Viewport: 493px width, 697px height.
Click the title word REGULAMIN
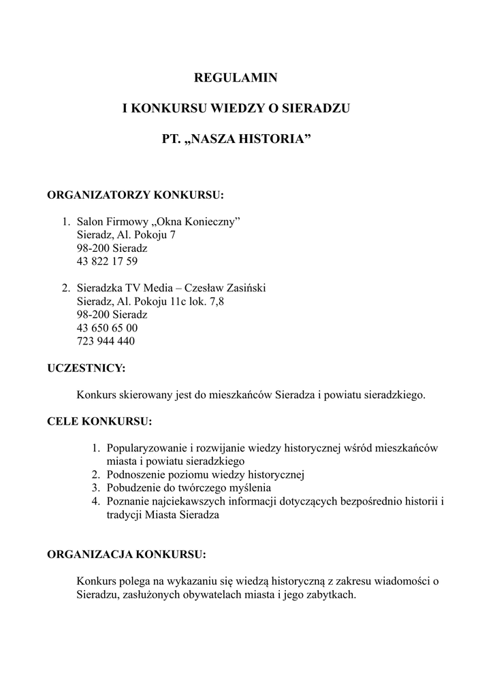click(236, 78)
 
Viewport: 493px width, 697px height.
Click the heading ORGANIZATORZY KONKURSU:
click(135, 195)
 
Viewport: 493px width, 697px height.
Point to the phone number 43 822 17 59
click(108, 261)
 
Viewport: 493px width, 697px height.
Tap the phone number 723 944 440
click(106, 341)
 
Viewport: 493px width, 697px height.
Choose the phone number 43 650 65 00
click(108, 328)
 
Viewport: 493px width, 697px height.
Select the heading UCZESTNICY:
click(86, 368)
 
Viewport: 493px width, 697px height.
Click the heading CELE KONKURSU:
click(99, 421)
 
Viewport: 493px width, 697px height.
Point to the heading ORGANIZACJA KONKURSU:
click(126, 554)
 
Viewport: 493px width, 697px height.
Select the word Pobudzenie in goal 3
click(131, 488)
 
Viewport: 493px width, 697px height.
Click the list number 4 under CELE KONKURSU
click(96, 502)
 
